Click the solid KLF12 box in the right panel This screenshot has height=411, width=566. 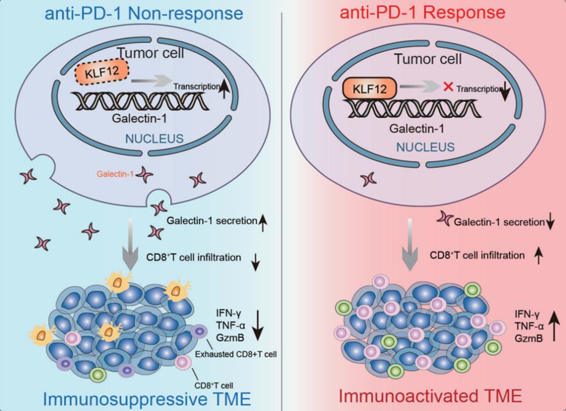369,88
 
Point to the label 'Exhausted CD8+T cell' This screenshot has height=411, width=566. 236,354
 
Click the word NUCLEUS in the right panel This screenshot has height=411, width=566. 424,147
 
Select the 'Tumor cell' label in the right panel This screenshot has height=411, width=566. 428,59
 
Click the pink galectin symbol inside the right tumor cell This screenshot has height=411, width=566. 368,180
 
